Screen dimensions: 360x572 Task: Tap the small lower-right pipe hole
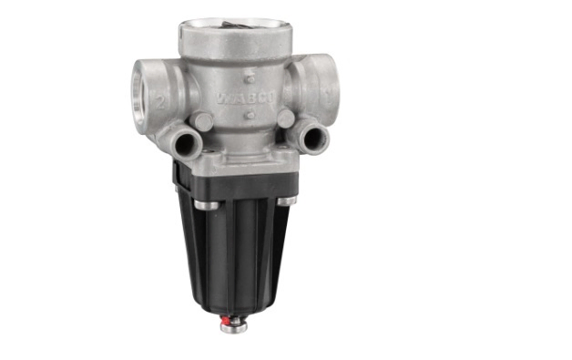318,138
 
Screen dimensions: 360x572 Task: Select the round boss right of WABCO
286,118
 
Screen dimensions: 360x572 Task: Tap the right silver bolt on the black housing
287,201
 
